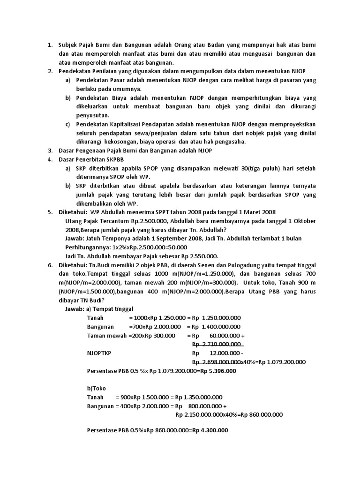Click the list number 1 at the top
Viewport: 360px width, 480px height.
click(x=50, y=45)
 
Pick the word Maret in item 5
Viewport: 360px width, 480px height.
click(x=241, y=212)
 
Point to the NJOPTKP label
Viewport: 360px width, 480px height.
click(x=102, y=353)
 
